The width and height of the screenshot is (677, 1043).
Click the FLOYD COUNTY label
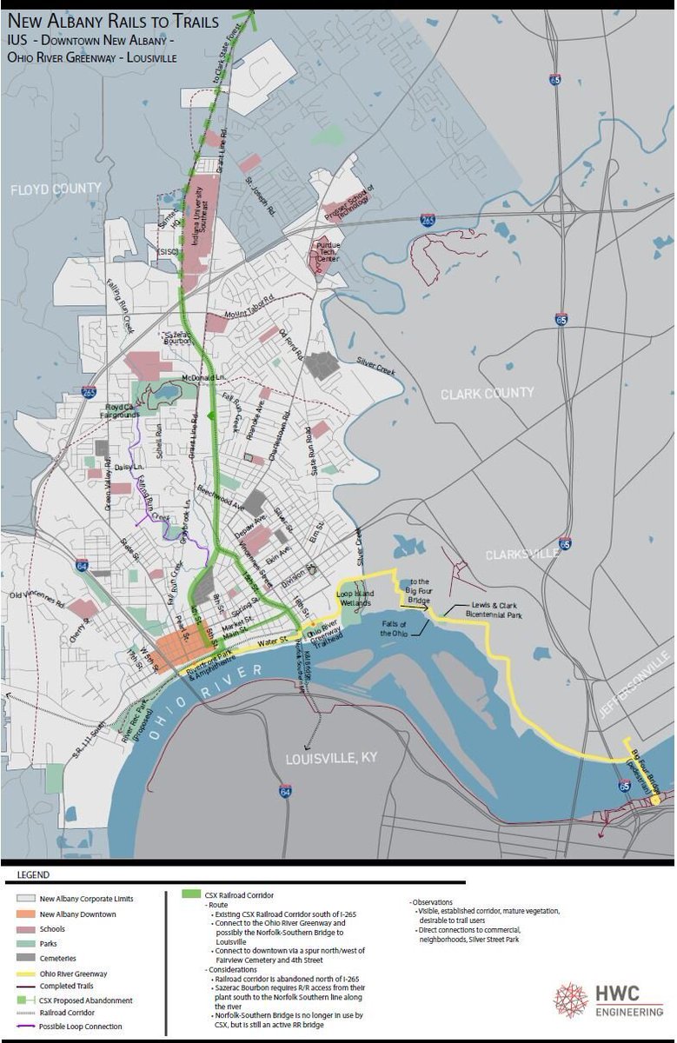[56, 189]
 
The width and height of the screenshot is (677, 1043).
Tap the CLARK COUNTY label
[487, 393]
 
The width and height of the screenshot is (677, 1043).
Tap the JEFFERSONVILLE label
[635, 687]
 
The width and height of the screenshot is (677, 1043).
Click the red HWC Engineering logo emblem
[570, 1000]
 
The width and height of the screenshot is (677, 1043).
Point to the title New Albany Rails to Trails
[113, 23]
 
